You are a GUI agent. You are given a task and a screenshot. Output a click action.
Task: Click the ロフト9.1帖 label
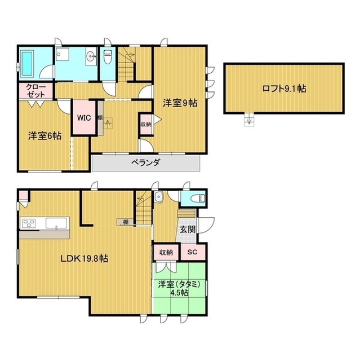point(284,89)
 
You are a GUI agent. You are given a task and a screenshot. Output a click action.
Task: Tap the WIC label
point(84,118)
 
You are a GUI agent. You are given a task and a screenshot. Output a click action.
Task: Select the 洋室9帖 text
point(180,103)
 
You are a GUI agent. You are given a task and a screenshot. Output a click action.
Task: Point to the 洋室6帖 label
point(45,136)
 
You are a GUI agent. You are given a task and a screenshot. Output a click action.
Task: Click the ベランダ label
point(145,163)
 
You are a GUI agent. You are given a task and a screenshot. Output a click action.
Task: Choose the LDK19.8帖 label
point(85,258)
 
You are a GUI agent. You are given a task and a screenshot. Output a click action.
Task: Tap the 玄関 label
point(188,230)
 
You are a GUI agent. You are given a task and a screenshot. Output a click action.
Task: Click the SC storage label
point(192,252)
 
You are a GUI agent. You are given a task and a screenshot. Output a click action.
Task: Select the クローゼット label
point(36,91)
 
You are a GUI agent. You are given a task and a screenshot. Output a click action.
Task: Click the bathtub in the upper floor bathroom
point(28,64)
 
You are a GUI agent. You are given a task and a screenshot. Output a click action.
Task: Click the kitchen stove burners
point(29,223)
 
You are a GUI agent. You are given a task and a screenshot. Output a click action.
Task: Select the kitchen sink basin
point(56,223)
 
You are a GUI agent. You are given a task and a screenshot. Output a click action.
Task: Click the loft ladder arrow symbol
point(249,120)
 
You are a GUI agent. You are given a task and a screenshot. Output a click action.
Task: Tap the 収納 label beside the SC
point(166,252)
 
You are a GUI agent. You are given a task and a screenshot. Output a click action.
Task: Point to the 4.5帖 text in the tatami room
point(179,293)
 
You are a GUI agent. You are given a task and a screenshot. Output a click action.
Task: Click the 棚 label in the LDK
point(126,222)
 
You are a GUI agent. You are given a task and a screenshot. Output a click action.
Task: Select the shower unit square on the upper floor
point(63,54)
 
